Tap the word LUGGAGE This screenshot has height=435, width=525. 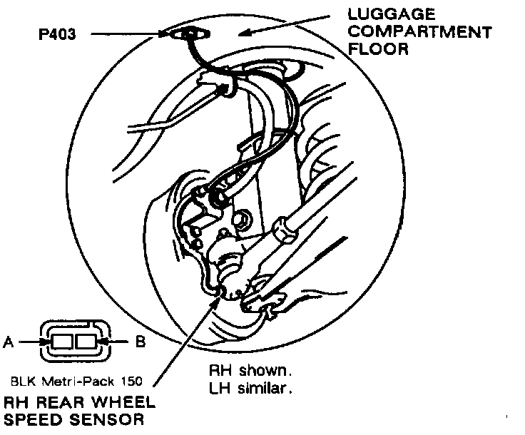393,14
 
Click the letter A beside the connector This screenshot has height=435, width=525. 9,342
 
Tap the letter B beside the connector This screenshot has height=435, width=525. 141,342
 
